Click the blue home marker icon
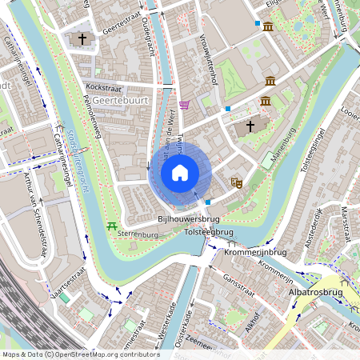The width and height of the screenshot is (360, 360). coord(180,173)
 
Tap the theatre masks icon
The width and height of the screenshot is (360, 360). coord(237,182)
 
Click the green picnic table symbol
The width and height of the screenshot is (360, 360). coord(112,226)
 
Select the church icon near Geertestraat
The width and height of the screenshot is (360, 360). coord(81,38)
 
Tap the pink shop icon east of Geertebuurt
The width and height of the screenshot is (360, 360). coord(185,105)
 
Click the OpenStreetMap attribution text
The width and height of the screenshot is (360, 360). coord(81,354)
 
